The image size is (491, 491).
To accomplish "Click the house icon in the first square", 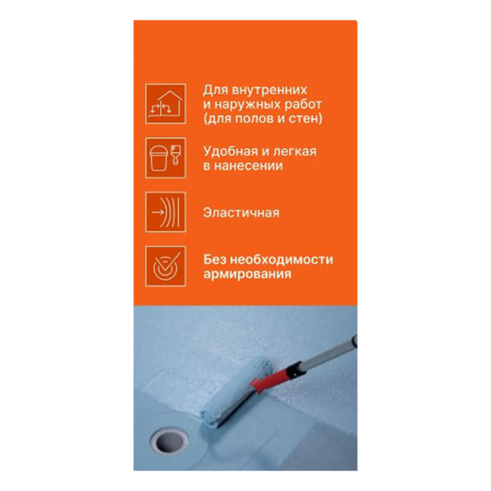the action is point(165,104).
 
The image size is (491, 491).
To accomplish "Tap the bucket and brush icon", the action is point(165,158).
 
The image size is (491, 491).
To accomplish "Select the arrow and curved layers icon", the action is point(165,212).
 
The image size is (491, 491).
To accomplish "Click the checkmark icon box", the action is point(165,266).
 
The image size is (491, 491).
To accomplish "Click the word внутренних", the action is point(269,90).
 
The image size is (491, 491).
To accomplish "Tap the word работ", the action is point(303,105).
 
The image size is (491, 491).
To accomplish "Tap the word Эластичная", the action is point(241,213).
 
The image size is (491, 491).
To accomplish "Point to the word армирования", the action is point(247,274).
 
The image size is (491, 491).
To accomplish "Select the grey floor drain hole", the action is point(169,441).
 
